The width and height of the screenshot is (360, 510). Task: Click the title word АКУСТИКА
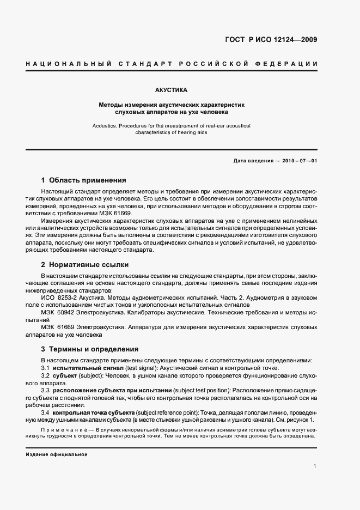(171, 88)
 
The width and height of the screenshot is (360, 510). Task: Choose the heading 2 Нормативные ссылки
(85, 265)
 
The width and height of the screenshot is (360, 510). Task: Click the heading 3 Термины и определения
(90, 349)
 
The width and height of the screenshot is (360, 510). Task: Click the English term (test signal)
(141, 368)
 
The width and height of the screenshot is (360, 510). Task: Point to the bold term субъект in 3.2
(66, 376)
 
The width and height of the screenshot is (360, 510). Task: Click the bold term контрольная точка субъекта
(93, 414)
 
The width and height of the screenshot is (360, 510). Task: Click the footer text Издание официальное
(56, 454)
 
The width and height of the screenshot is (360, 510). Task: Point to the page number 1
(315, 466)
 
